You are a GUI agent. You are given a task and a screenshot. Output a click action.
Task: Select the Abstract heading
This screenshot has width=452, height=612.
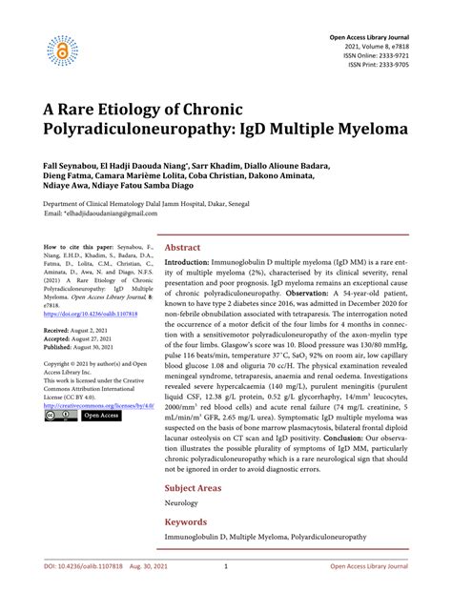[184, 246]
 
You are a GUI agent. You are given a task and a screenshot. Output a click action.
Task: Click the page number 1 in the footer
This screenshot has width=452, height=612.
[225, 592]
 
